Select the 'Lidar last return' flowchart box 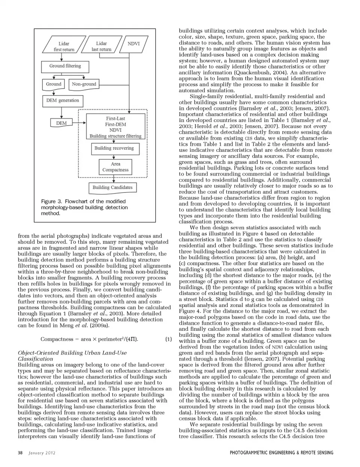pyautogui.click(x=101, y=47)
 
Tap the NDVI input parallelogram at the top pyautogui.click(x=133, y=44)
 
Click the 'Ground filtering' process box pyautogui.click(x=65, y=66)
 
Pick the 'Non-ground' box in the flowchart pyautogui.click(x=84, y=84)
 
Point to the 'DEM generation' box pyautogui.click(x=63, y=101)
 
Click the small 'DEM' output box pyautogui.click(x=61, y=123)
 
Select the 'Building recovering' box pyautogui.click(x=114, y=149)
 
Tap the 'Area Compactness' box pyautogui.click(x=115, y=167)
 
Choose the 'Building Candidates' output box pyautogui.click(x=112, y=188)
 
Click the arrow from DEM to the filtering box pyautogui.click(x=79, y=123)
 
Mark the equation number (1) pyautogui.click(x=168, y=339)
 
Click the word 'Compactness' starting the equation pyautogui.click(x=57, y=339)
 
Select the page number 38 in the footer pyautogui.click(x=20, y=453)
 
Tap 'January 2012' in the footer pyautogui.click(x=42, y=453)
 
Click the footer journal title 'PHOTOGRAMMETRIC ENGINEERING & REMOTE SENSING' pyautogui.click(x=281, y=453)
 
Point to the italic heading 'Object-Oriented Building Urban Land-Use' pyautogui.click(x=72, y=353)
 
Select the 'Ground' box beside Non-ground pyautogui.click(x=54, y=84)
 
